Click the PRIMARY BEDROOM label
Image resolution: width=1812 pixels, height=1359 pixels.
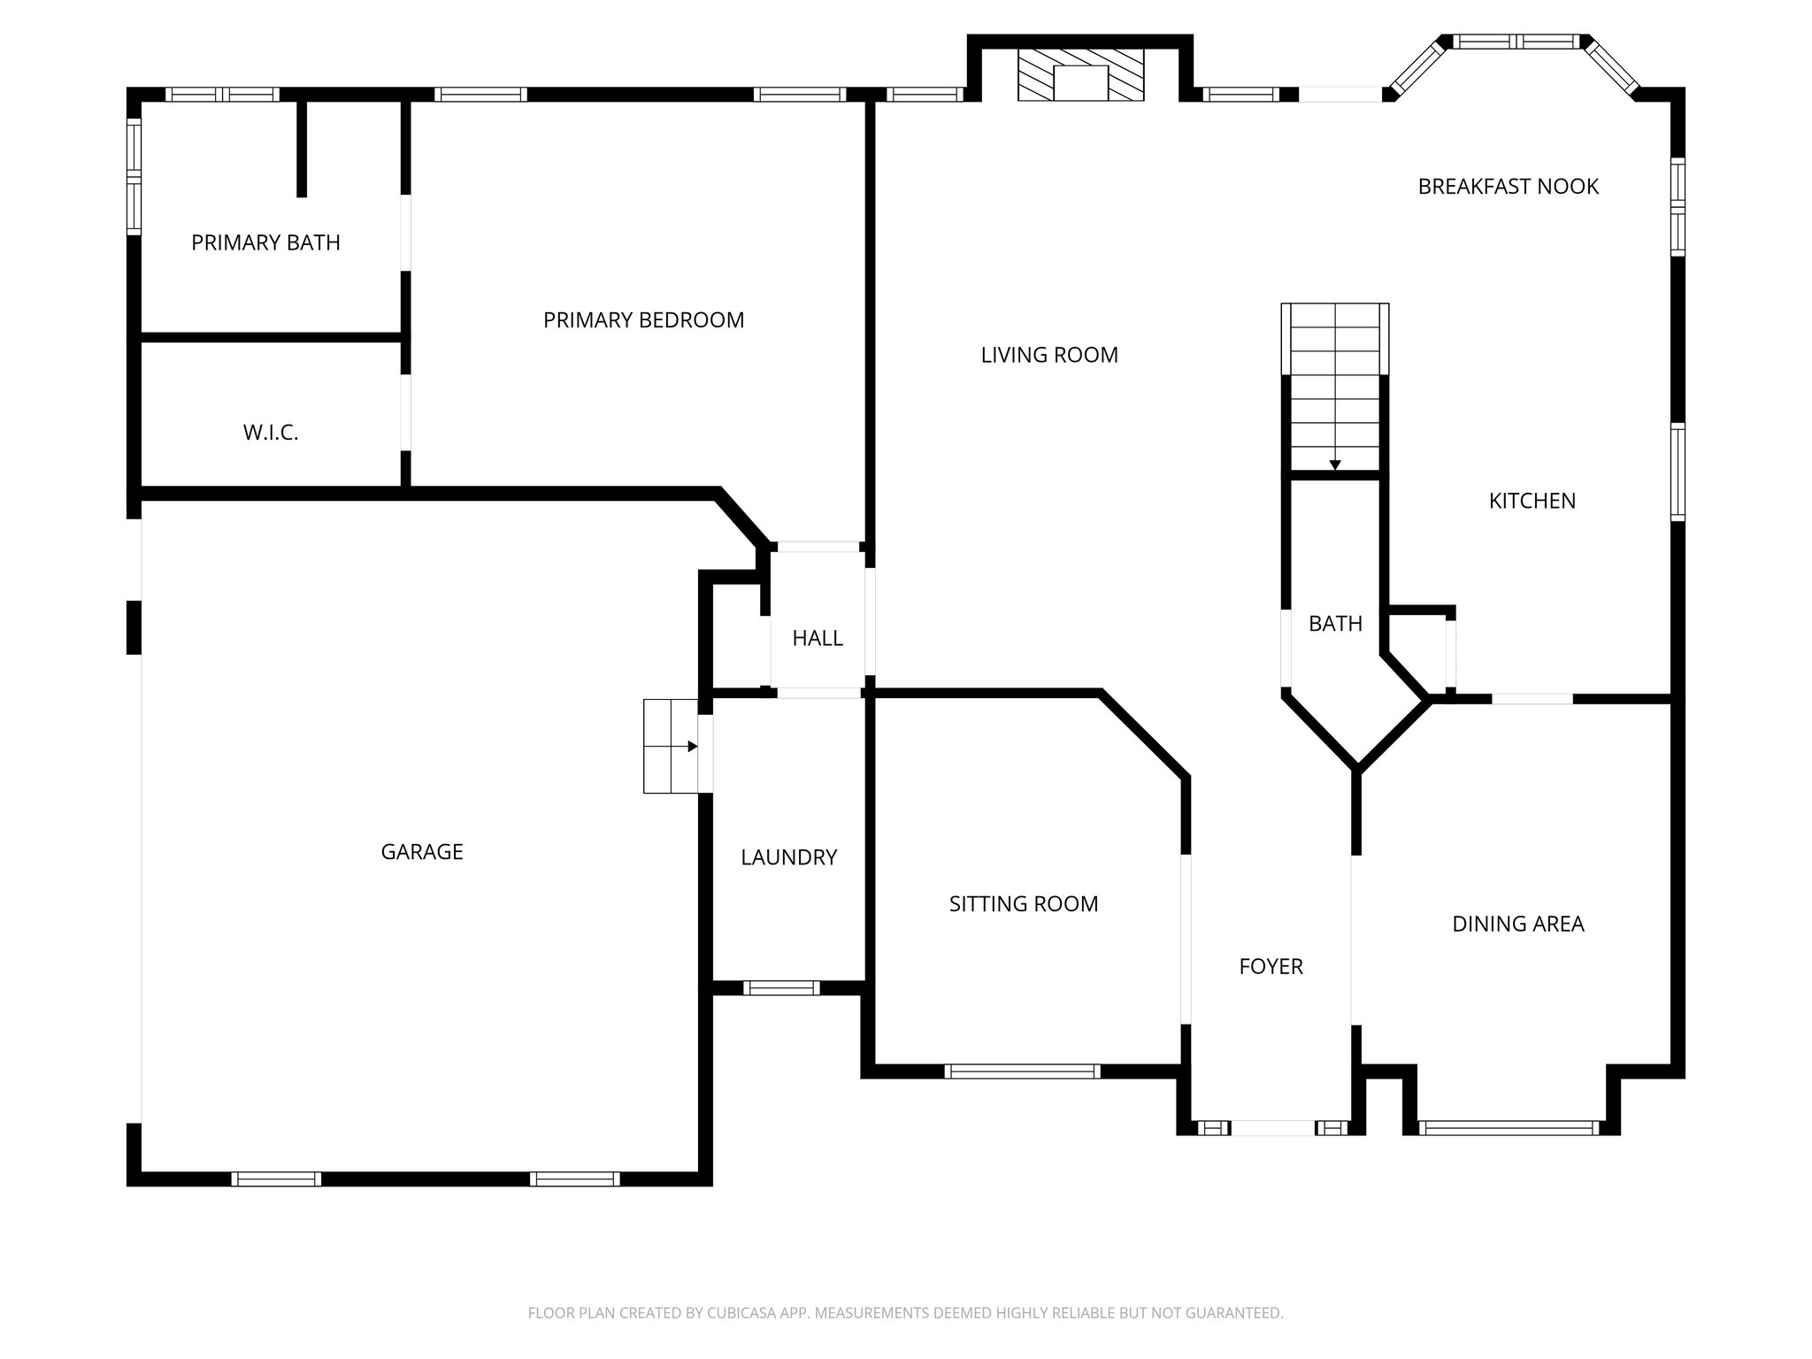click(x=643, y=320)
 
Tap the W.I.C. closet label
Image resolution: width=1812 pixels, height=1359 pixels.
click(x=270, y=433)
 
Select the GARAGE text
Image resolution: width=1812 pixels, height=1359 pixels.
click(x=422, y=852)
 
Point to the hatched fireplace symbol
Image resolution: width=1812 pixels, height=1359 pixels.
click(x=1080, y=74)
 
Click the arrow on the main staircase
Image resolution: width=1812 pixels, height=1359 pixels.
click(x=1334, y=465)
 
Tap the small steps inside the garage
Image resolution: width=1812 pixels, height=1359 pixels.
click(x=671, y=746)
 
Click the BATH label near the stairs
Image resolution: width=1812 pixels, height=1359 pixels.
click(x=1335, y=624)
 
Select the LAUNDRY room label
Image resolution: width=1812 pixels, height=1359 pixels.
click(x=788, y=857)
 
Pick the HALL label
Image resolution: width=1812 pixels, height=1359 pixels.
click(x=817, y=638)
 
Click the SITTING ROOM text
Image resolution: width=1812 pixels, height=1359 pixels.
click(x=1024, y=904)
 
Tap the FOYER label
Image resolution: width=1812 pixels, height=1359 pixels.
click(x=1271, y=966)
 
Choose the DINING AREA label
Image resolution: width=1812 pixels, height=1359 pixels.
click(x=1517, y=924)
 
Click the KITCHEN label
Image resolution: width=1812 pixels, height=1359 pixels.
click(x=1532, y=501)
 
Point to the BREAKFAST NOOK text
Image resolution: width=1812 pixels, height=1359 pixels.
click(x=1508, y=187)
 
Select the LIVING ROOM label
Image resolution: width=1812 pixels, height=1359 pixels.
click(x=1049, y=355)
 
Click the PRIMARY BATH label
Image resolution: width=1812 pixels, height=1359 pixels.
click(x=265, y=242)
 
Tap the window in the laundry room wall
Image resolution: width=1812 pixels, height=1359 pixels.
click(x=780, y=988)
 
